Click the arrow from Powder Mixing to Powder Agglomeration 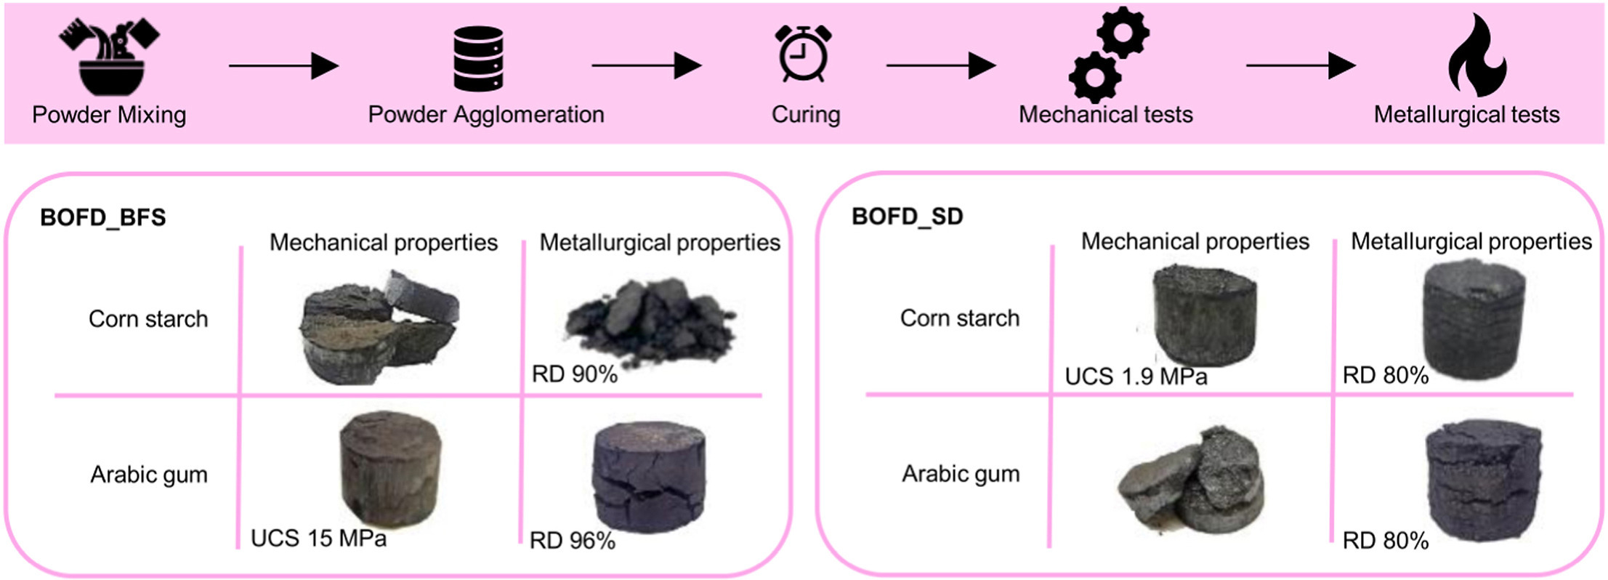point(283,66)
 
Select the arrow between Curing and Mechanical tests point(940,66)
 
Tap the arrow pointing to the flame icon point(1300,66)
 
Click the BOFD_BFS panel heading point(103,217)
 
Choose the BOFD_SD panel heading point(907,217)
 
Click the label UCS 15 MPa point(318,539)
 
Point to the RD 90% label point(574,374)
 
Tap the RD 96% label point(573,541)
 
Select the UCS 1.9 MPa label point(1136,376)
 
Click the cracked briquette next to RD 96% point(649,476)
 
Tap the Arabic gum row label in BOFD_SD point(961,474)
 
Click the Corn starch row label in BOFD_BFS point(148,319)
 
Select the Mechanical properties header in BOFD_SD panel point(1195,241)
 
